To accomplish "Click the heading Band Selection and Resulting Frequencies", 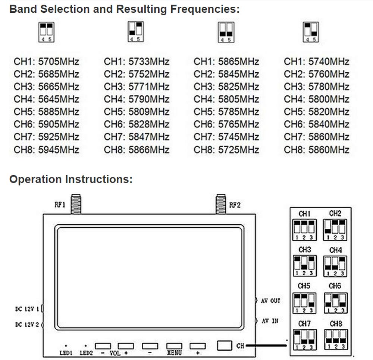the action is (125, 9).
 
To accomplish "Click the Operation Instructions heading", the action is (71, 179).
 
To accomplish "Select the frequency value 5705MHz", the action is (59, 61).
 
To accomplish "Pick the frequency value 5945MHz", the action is (59, 150).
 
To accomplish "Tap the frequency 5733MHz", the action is (149, 61).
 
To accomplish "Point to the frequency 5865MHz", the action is (239, 61).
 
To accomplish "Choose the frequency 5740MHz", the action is (329, 61).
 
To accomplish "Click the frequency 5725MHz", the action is (239, 150).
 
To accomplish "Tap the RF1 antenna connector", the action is (76, 204).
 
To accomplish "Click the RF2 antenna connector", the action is (220, 204).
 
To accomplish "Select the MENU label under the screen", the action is (174, 353).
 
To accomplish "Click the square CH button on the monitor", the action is (224, 345).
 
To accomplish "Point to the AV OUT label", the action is (270, 301).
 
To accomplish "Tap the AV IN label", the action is (270, 321).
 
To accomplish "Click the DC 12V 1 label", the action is (27, 309).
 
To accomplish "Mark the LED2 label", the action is (86, 353).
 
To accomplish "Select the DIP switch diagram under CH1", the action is (304, 230).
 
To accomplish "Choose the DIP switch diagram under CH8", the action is (336, 340).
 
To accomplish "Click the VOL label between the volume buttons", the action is (115, 353).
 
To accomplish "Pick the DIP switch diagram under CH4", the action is (335, 266).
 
